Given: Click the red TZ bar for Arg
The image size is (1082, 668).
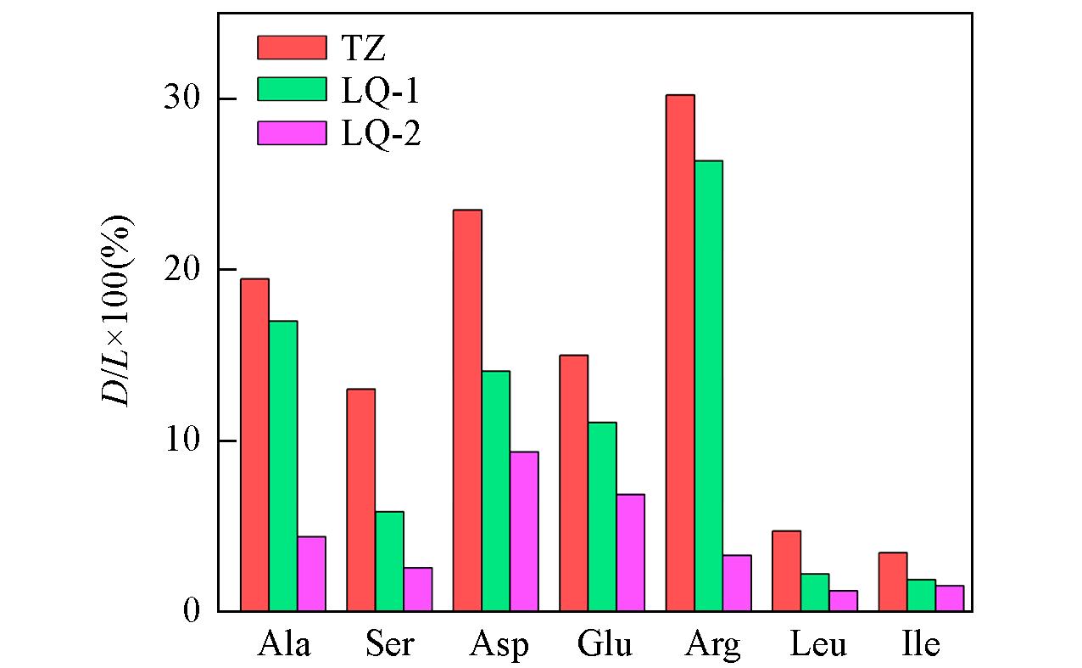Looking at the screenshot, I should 680,352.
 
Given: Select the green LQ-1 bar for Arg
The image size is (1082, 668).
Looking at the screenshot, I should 708,385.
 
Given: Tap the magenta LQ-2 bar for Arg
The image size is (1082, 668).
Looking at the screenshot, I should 736,583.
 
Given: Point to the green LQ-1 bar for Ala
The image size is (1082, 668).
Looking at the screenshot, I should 283,466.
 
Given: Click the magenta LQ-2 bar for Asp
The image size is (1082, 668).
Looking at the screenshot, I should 524,531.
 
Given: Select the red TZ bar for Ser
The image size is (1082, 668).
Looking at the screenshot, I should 361,500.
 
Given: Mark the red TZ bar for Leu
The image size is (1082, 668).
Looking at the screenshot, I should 786,570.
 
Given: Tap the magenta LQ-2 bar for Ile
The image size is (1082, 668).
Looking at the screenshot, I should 949,598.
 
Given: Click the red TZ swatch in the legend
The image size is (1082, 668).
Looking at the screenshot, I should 292,48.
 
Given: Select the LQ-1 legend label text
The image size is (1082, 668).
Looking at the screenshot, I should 381,92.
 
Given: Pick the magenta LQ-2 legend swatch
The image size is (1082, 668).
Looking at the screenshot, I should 292,133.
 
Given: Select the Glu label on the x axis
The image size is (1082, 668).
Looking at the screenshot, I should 605,645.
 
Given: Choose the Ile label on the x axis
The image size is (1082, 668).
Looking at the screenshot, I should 920,645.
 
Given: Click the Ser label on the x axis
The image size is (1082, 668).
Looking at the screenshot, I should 390,645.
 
